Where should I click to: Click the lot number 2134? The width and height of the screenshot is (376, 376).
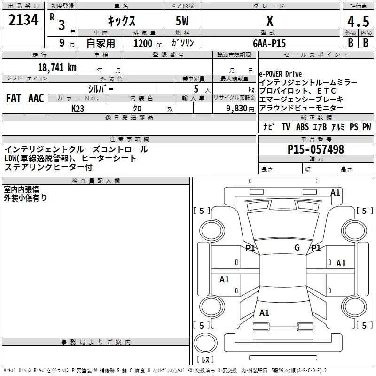(x=23, y=21)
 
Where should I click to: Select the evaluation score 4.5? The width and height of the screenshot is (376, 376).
(x=358, y=22)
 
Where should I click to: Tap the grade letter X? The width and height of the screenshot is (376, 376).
(x=270, y=21)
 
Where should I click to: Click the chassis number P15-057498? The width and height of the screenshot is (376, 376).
(x=316, y=149)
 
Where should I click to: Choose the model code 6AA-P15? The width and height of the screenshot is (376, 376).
(x=269, y=43)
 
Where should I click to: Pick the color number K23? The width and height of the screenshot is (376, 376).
(x=78, y=108)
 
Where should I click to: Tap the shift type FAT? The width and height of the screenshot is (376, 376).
(x=14, y=98)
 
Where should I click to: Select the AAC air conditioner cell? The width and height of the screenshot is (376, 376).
(x=36, y=98)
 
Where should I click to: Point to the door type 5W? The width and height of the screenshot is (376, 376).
(x=182, y=22)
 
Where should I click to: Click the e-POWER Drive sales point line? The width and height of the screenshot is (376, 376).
(x=281, y=74)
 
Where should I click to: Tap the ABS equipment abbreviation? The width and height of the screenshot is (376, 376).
(x=303, y=127)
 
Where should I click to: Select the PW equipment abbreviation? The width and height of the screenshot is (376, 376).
(x=367, y=127)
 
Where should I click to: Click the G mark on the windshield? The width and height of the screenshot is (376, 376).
(x=297, y=248)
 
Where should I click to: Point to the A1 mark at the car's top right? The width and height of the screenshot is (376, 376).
(x=335, y=192)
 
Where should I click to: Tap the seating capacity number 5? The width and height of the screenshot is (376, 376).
(x=196, y=88)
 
